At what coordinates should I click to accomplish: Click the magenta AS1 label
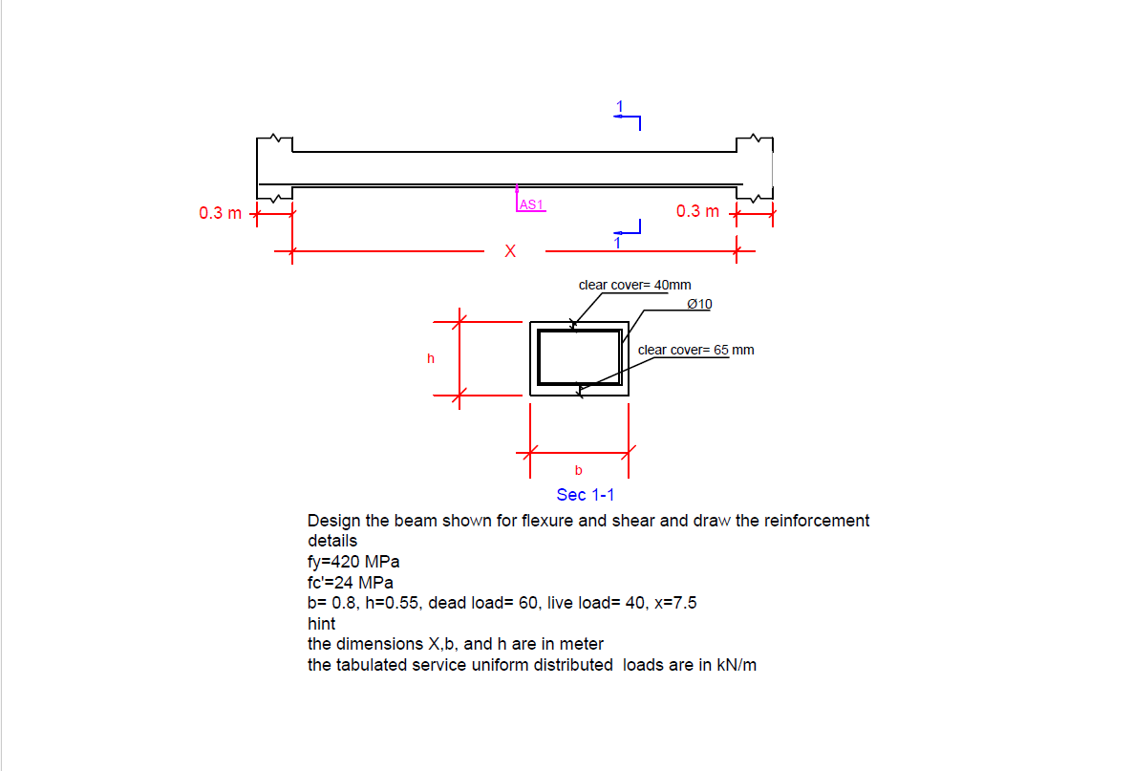[531, 203]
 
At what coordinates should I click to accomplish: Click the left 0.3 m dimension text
[220, 212]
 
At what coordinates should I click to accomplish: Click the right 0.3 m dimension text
[697, 211]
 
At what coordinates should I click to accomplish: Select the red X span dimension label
[510, 252]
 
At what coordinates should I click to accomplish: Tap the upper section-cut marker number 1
[619, 105]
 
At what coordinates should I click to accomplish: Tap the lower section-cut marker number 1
[617, 244]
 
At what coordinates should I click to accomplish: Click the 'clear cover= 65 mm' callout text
[695, 350]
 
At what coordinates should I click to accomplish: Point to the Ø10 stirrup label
[699, 304]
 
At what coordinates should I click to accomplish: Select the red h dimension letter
[431, 358]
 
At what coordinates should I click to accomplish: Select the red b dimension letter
[578, 470]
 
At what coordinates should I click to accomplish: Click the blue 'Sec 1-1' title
[585, 494]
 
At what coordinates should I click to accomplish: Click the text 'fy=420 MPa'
[353, 562]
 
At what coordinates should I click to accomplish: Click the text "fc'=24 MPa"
[351, 583]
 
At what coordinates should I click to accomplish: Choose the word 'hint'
[321, 624]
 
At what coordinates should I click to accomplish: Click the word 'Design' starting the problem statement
[333, 521]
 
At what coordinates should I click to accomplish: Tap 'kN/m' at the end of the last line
[737, 665]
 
